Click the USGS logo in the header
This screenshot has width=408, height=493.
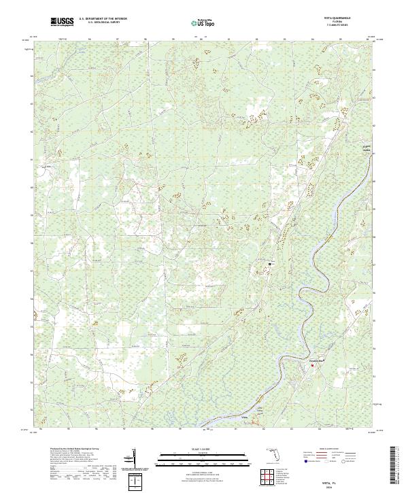pos(62,22)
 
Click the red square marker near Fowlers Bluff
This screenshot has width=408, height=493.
pos(313,366)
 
